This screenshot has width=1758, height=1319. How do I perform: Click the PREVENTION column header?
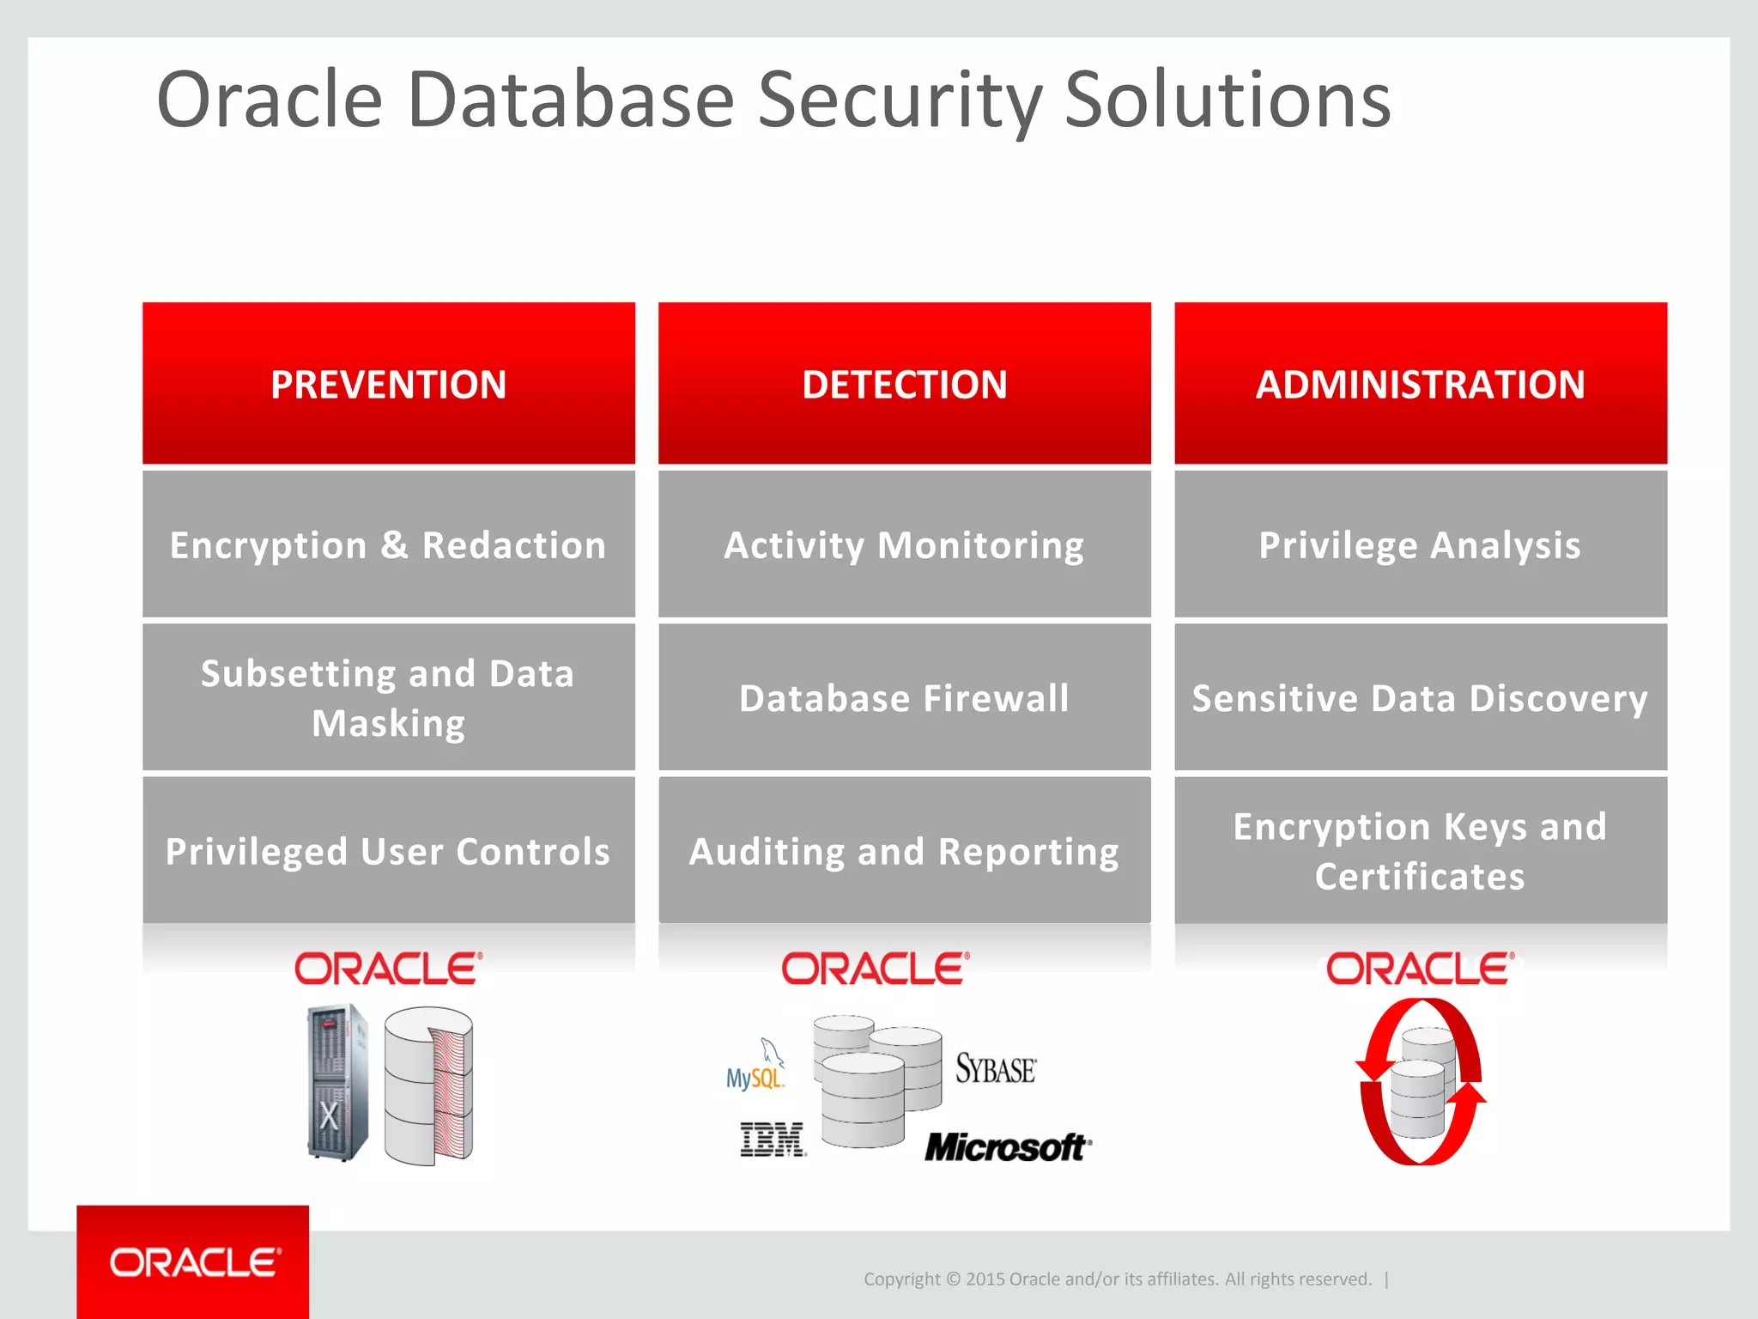point(389,384)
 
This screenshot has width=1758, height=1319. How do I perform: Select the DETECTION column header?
point(904,384)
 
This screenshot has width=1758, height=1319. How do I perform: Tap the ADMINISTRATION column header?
point(1421,384)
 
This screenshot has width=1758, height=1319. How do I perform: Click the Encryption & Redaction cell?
point(389,545)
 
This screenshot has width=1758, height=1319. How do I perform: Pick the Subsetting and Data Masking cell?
point(389,697)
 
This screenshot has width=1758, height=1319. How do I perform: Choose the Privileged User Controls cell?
point(389,851)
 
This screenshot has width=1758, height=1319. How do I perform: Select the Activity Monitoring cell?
point(904,545)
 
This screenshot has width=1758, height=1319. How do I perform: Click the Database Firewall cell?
point(904,697)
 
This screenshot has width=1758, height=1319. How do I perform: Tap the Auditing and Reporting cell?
point(904,851)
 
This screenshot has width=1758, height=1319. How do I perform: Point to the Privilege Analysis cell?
point(1421,545)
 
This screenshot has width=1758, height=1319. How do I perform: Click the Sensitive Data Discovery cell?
point(1421,697)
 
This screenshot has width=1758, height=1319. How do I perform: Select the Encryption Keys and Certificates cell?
point(1421,851)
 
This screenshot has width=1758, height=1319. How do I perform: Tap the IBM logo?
point(773,1140)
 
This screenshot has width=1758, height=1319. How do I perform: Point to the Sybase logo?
point(996,1069)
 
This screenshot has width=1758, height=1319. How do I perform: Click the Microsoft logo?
point(1007,1147)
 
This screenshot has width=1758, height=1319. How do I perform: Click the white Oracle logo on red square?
point(193,1261)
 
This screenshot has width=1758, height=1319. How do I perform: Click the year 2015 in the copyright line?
point(985,1279)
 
